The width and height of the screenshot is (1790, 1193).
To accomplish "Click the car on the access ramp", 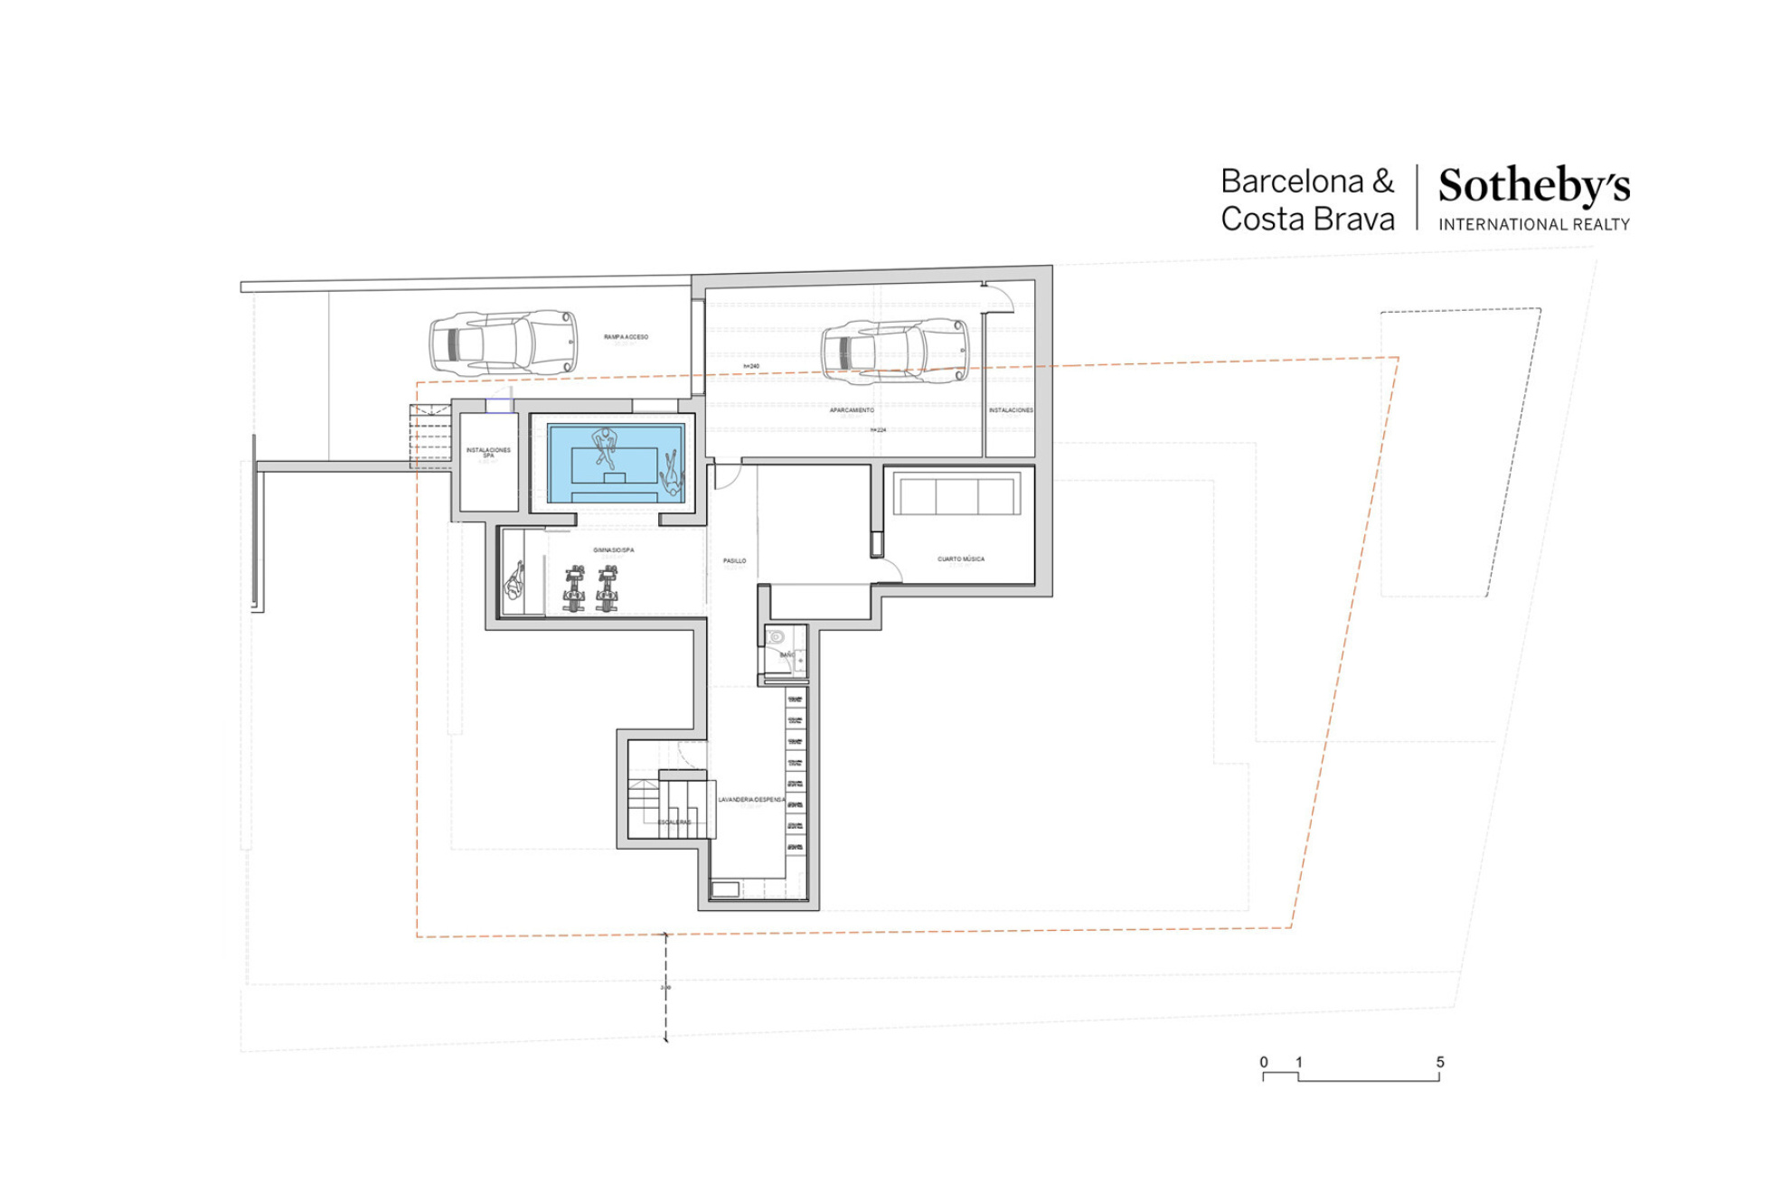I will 503,343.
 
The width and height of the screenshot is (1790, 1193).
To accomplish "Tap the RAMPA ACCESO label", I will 626,337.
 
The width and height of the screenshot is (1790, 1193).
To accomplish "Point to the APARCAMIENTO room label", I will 852,410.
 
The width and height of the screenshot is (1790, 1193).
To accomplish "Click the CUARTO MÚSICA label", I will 960,559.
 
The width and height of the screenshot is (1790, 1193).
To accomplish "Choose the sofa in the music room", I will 957,496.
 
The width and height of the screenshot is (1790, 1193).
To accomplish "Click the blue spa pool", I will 615,464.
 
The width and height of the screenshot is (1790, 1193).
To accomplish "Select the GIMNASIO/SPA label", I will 613,550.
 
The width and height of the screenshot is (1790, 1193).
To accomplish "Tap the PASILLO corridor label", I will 734,561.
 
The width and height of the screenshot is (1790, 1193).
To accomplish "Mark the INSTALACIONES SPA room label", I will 488,452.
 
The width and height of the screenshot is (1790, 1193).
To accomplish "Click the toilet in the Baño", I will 776,637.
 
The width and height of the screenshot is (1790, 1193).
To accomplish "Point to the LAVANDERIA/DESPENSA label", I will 751,800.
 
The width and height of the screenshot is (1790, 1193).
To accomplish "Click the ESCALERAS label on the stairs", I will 674,822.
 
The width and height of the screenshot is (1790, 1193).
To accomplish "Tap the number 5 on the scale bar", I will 1440,1062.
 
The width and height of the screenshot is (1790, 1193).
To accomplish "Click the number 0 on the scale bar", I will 1264,1062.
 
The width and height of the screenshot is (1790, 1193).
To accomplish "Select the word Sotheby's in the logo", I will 1534,186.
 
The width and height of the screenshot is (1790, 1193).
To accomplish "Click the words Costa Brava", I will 1307,220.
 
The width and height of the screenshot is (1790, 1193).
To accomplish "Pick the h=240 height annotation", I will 751,366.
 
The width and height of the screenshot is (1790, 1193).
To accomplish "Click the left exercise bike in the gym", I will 574,588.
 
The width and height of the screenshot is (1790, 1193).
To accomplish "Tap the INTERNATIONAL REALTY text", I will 1534,225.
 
